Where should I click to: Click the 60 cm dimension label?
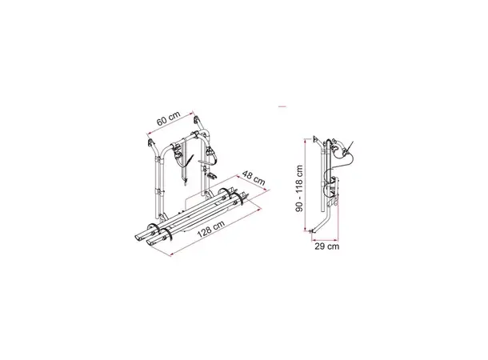coord(168,118)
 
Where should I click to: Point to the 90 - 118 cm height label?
coord(299,189)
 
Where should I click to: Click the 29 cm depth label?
coord(326,246)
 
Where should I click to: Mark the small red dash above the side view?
coord(282,106)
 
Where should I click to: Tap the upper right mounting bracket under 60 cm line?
coord(198,120)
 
